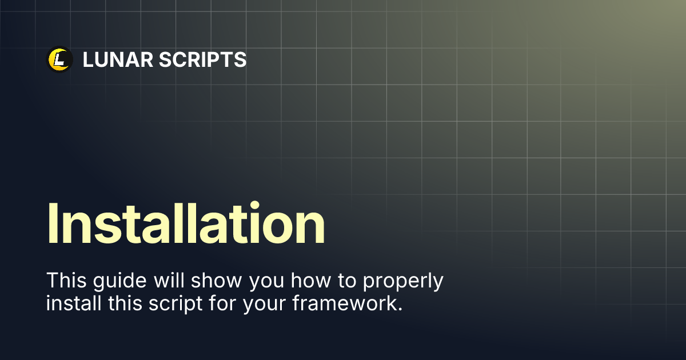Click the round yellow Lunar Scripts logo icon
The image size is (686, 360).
point(59,59)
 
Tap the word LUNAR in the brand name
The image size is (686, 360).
point(118,59)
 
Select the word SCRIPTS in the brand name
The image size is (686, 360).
point(203,59)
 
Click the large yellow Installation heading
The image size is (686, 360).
point(186,223)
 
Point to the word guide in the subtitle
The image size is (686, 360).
point(119,281)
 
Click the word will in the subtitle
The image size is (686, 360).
point(169,280)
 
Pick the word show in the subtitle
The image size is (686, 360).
point(217,280)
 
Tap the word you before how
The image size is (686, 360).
point(267,282)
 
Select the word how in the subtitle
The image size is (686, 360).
point(311,280)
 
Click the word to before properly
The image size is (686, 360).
point(347,281)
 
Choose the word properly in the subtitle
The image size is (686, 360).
point(403,281)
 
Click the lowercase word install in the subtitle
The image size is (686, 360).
point(74,303)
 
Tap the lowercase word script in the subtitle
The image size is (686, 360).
point(176,304)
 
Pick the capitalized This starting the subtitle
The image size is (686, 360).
point(66,280)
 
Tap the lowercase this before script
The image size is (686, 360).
point(125,303)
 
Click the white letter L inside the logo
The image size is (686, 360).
point(60,59)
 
